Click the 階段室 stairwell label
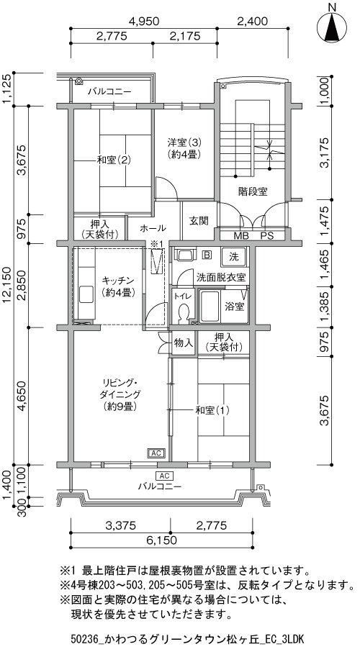[x=253, y=192]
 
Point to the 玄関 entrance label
[x=199, y=220]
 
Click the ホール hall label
[x=153, y=228]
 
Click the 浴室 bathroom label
[x=235, y=307]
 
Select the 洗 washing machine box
[x=233, y=256]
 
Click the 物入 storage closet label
[x=183, y=343]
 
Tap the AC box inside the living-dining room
[x=156, y=453]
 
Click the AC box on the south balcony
[x=163, y=476]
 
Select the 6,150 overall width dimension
[x=161, y=540]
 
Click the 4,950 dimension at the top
[x=144, y=22]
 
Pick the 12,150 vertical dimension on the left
[x=9, y=284]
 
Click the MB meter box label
[x=241, y=236]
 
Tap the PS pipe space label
[x=267, y=236]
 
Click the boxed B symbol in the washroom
[x=207, y=254]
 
